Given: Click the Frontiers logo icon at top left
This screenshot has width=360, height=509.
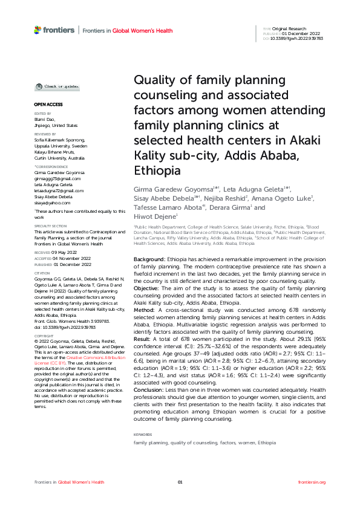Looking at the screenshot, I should (38, 30).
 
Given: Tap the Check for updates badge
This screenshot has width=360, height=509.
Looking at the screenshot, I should (54, 86).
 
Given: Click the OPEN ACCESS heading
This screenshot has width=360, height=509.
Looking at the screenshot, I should (45, 105).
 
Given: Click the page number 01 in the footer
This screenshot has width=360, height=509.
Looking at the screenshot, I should (180, 482).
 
